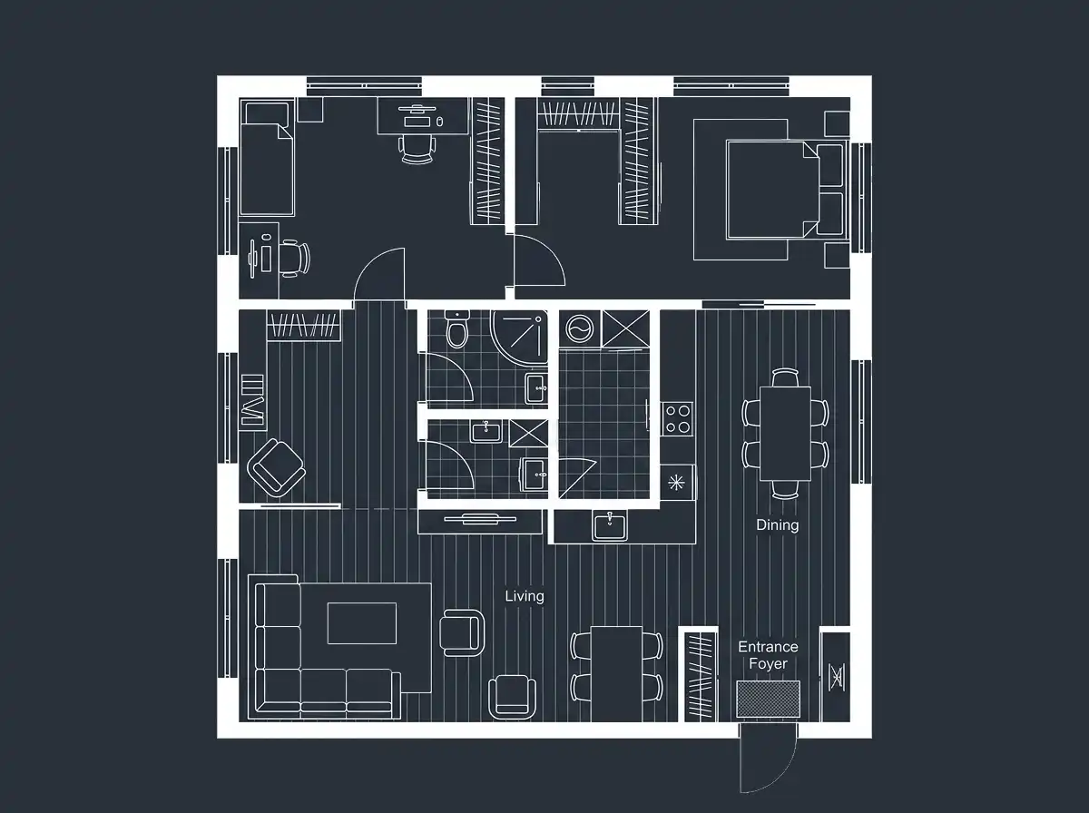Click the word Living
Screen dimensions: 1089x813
(525, 596)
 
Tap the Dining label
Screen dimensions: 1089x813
(778, 524)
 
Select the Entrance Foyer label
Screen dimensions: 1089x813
(768, 655)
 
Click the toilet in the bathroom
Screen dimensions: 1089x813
(457, 328)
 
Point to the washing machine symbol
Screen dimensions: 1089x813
(580, 328)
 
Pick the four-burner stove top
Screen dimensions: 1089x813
(677, 419)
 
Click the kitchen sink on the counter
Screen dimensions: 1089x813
(609, 524)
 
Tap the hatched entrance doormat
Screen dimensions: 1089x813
(768, 699)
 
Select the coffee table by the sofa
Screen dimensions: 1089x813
(362, 623)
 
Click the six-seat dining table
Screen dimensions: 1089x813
(785, 434)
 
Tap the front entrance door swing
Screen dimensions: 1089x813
(768, 758)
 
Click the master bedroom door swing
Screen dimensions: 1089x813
(540, 260)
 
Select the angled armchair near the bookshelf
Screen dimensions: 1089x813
(277, 468)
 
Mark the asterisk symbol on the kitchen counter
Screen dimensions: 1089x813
(676, 482)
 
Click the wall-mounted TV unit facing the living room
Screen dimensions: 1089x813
(480, 520)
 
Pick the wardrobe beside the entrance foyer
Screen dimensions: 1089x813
(701, 677)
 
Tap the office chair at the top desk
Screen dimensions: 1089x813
(417, 150)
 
